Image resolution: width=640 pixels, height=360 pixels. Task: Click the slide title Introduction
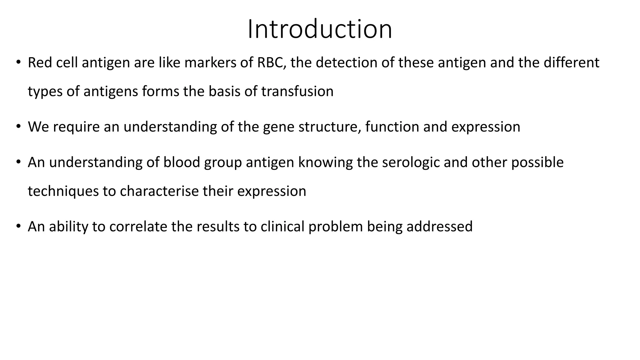coord(320,29)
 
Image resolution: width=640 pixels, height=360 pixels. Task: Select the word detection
coord(346,62)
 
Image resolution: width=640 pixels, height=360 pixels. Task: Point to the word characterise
coord(159,191)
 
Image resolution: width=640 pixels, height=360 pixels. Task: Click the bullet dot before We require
coord(18,126)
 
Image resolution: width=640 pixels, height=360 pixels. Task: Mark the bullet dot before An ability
coord(18,226)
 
